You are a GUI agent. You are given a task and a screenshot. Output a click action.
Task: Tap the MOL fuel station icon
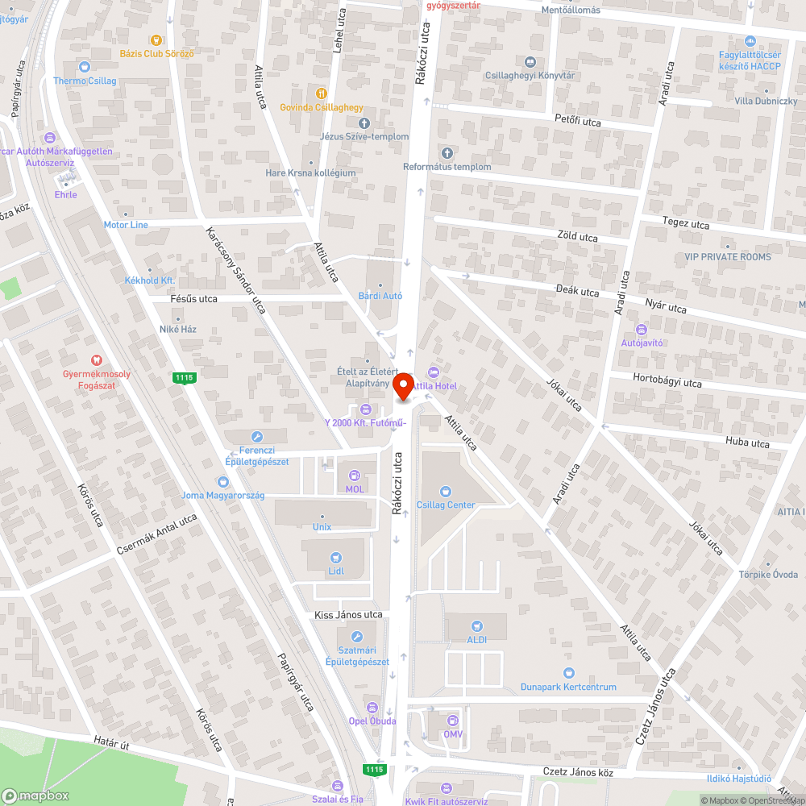(x=355, y=476)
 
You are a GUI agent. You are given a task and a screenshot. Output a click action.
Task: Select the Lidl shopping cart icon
(x=337, y=557)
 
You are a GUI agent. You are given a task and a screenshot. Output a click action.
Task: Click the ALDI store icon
(x=476, y=625)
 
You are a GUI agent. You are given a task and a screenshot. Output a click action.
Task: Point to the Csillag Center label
(x=446, y=505)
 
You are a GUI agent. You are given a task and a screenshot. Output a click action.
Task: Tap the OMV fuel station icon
(x=452, y=721)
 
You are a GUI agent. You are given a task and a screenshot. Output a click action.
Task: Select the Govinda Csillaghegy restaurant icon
(x=322, y=93)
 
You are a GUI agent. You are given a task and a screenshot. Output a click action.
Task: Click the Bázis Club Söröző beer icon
(x=155, y=39)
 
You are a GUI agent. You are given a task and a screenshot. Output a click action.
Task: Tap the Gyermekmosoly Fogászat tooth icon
(x=97, y=360)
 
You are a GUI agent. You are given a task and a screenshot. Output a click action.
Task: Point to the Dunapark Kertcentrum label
(x=568, y=687)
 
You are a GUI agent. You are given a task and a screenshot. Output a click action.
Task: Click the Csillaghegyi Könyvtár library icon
(x=530, y=62)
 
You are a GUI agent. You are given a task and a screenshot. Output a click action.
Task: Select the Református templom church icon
(x=447, y=153)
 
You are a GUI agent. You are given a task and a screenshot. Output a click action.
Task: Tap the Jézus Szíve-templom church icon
(x=364, y=123)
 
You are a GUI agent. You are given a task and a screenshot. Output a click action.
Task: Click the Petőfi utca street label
(x=578, y=122)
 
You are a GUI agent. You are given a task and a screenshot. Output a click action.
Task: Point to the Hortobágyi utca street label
(x=667, y=383)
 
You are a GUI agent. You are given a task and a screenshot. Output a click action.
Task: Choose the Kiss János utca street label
(x=348, y=615)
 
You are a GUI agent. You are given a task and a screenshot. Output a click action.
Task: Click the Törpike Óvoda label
(x=768, y=575)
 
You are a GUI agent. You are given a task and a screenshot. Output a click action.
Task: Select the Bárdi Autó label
(x=380, y=296)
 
